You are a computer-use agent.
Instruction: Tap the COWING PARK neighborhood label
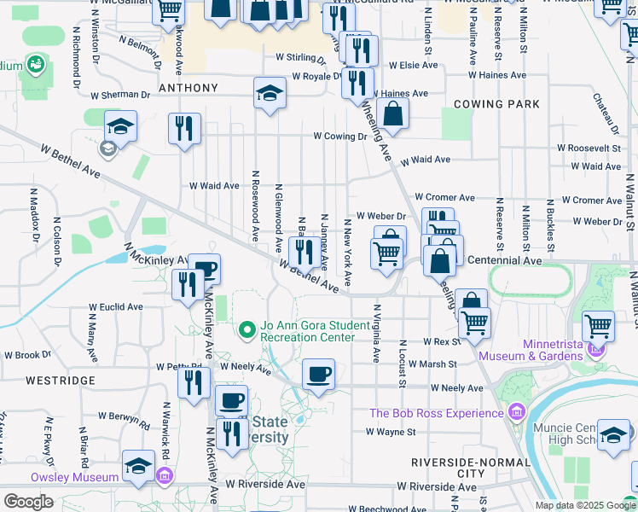coord(497,104)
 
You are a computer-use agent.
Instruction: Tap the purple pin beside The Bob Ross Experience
coord(516,414)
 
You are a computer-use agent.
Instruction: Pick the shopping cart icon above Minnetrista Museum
coord(598,326)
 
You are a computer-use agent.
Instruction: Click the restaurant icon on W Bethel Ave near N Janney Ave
coord(304,252)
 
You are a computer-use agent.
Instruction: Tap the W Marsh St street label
coord(432,364)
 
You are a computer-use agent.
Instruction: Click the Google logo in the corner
coord(28,502)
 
